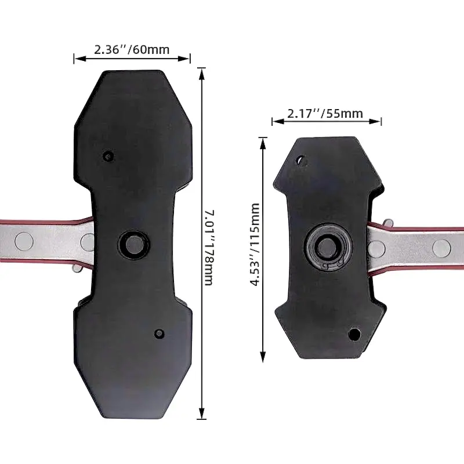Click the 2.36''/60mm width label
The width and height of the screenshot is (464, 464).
tap(132, 49)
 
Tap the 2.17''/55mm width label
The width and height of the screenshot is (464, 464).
tap(325, 113)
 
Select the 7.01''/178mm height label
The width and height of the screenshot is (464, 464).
tap(209, 248)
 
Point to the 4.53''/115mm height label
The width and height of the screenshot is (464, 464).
tap(255, 244)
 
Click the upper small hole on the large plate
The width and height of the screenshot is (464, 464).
tap(108, 156)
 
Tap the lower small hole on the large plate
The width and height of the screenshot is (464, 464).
tap(159, 334)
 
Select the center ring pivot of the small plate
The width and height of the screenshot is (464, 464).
tap(328, 246)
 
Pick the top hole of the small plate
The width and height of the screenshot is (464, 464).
tap(302, 161)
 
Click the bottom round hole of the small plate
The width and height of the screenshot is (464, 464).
tap(354, 335)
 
